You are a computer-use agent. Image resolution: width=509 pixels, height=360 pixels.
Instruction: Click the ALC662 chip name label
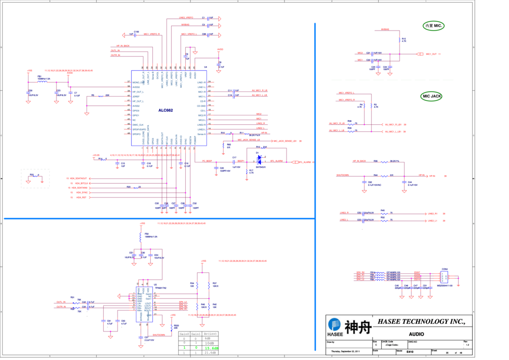pos(165,109)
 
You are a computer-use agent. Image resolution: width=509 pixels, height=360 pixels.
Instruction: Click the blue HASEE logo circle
pos(334,324)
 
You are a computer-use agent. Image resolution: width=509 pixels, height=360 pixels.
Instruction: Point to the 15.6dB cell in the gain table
pos(211,348)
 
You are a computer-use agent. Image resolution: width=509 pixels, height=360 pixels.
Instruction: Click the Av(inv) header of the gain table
pos(211,334)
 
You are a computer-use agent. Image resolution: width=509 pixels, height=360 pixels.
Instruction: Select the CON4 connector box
pos(444,276)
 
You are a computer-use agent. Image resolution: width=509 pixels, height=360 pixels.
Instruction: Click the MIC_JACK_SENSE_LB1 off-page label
pos(285,141)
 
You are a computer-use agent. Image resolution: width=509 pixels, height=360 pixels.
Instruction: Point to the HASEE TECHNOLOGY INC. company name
pos(421,322)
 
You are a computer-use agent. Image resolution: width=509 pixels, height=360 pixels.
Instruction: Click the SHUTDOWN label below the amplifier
pos(159,335)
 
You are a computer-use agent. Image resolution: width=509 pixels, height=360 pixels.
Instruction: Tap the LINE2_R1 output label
pos(433,213)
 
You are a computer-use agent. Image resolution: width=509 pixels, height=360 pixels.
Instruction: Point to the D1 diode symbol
pos(259,159)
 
